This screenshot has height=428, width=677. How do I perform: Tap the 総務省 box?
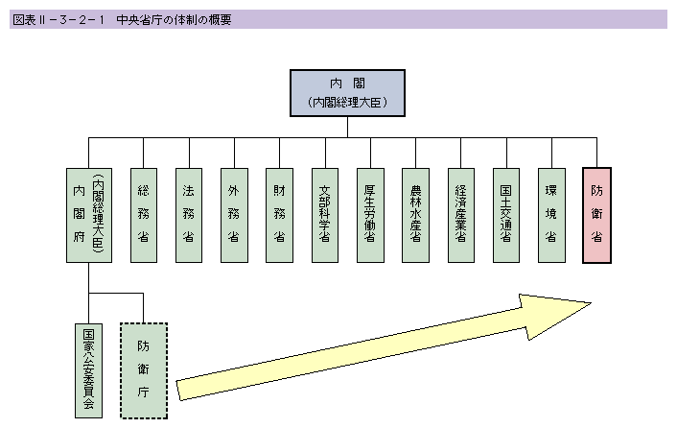click(144, 216)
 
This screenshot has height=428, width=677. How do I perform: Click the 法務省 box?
click(189, 216)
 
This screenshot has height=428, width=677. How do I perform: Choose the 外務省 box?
click(234, 216)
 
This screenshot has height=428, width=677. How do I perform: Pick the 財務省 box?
click(279, 216)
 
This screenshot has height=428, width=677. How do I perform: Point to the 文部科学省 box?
click(324, 216)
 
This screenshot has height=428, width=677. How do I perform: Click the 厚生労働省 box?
click(370, 216)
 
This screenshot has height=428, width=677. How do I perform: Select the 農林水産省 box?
click(415, 216)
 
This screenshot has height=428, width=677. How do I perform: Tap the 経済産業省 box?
click(461, 216)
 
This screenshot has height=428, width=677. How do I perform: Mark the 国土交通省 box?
click(506, 216)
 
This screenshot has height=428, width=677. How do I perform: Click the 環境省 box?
click(551, 216)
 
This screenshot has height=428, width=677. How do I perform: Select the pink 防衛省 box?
click(596, 216)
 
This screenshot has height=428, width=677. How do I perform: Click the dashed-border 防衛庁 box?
click(144, 369)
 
